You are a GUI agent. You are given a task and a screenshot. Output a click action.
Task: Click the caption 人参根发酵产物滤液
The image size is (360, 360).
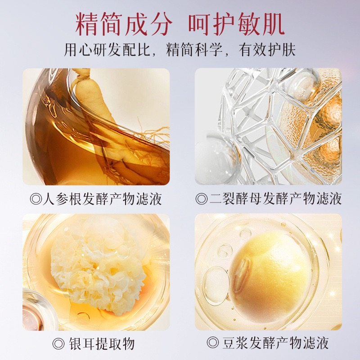[102, 198]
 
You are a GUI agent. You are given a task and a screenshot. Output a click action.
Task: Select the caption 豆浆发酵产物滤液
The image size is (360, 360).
[274, 344]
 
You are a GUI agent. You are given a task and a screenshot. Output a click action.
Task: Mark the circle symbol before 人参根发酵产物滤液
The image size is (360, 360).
[36, 199]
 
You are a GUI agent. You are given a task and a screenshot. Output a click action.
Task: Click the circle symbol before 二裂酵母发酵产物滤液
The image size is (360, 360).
[201, 199]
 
